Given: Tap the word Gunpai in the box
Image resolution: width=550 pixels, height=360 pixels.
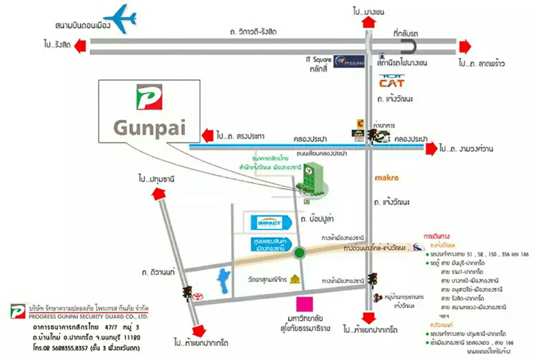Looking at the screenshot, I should point(149,127).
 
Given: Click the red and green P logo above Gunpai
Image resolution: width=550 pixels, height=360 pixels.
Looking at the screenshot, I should point(149,97).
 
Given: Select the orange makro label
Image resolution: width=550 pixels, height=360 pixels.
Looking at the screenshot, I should point(386,178).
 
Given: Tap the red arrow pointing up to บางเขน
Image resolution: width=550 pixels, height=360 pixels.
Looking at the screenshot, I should point(369,21).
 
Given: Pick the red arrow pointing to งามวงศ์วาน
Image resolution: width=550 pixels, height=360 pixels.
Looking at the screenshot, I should point(430,149).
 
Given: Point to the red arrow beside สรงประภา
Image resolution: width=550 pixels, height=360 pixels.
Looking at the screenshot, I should point(206,136).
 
